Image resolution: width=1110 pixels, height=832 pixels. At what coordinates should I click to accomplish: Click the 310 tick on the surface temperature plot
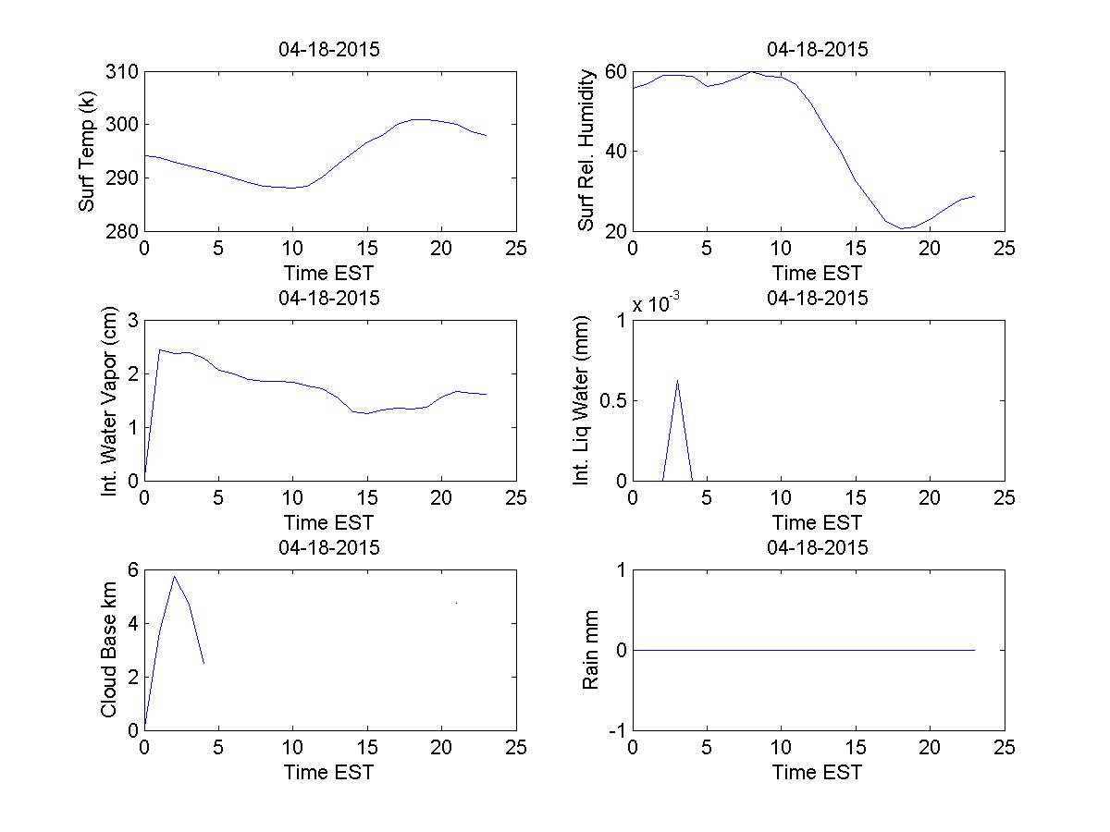coord(123,72)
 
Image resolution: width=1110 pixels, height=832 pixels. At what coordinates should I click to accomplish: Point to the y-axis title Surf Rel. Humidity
coord(586,151)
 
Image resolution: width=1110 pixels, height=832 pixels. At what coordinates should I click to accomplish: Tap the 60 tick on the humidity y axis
coord(616,72)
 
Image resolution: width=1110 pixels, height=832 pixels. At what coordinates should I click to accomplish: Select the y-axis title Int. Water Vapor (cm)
coord(110,400)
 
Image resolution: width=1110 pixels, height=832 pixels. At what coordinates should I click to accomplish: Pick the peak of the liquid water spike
coord(678,380)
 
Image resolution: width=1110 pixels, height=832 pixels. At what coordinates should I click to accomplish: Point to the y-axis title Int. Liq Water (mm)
coord(581,400)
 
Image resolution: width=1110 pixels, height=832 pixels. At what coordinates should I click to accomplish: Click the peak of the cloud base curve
coord(174,576)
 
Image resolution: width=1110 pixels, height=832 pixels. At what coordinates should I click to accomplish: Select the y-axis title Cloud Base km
coord(109,650)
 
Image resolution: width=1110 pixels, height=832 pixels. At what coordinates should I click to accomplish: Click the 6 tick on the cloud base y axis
coord(132,570)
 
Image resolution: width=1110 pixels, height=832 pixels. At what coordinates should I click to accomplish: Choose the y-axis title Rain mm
coord(590,650)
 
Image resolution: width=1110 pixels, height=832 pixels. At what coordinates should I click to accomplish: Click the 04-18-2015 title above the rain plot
coord(818,547)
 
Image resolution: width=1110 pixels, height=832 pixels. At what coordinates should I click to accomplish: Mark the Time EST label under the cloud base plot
coord(329,772)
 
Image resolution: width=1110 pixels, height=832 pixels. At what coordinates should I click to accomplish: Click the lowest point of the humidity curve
coord(901,228)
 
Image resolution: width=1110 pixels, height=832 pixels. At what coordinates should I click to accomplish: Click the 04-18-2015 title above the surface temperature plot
coord(329,50)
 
